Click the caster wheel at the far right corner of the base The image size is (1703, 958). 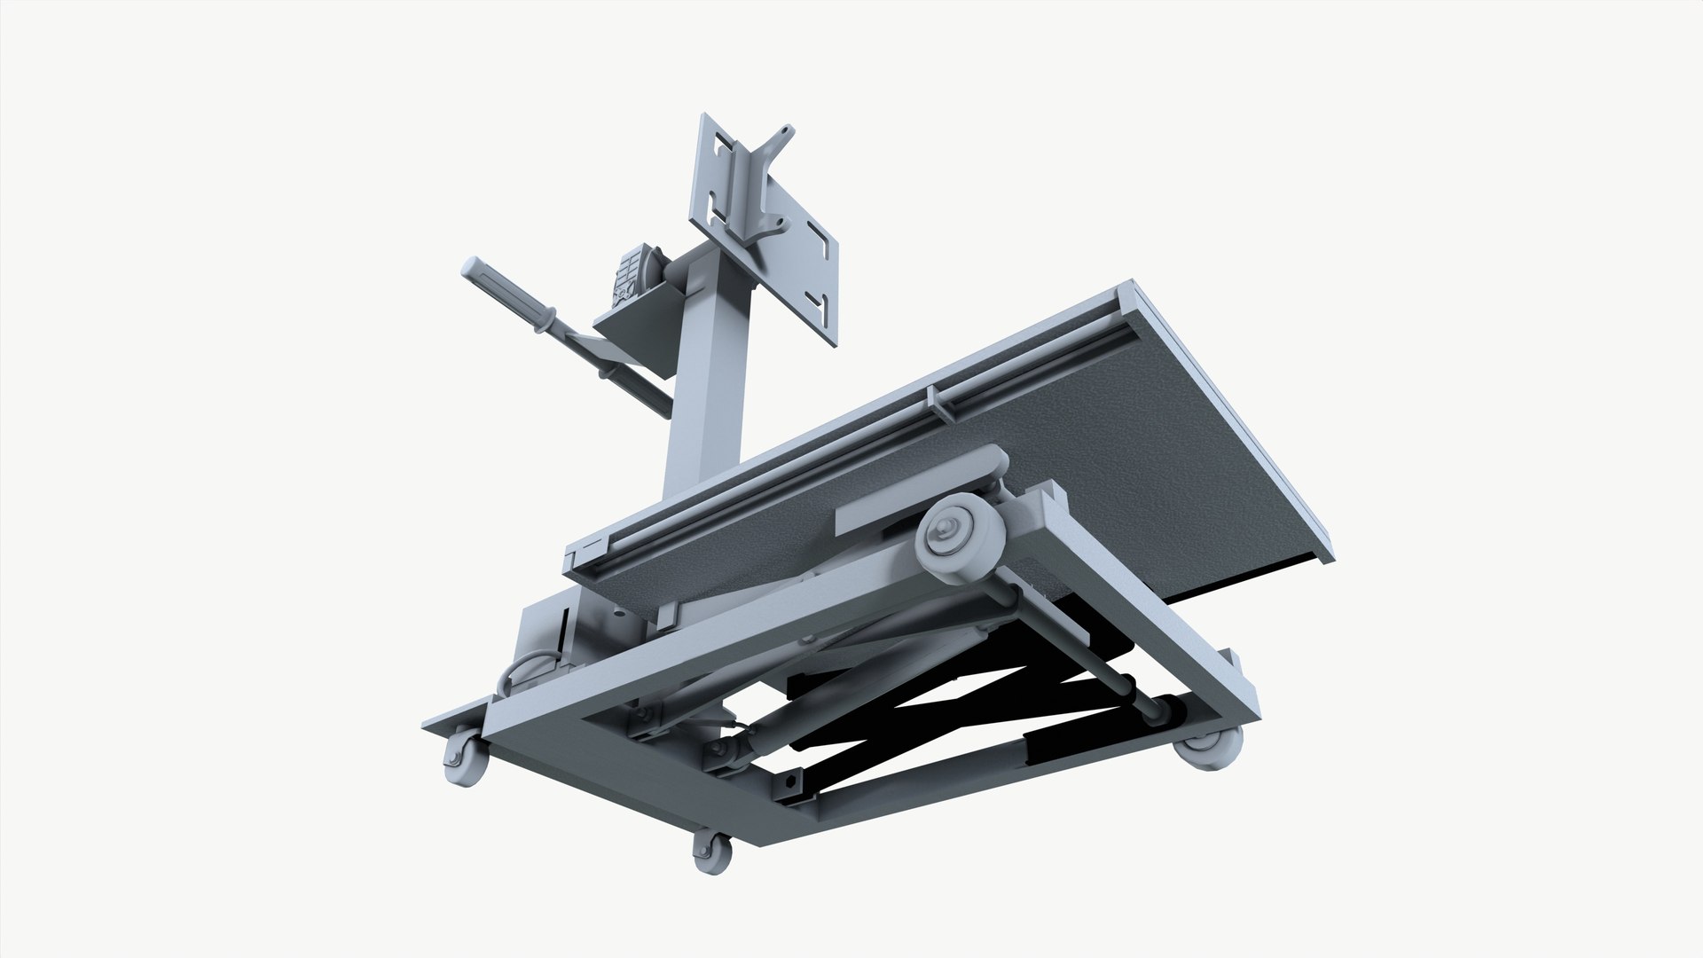point(1209,747)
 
